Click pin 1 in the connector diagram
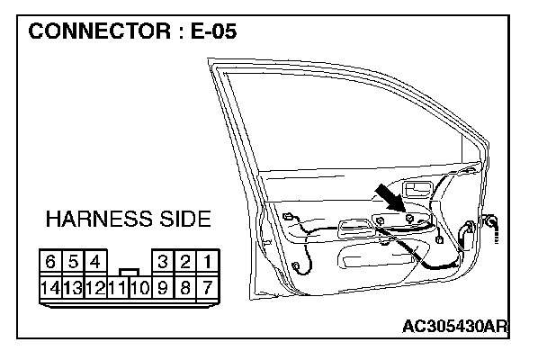pyautogui.click(x=208, y=262)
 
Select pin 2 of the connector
pyautogui.click(x=185, y=262)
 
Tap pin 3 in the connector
pyautogui.click(x=163, y=262)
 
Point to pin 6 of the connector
pyautogui.click(x=50, y=262)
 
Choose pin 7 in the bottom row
pyautogui.click(x=208, y=288)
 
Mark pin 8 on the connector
pyautogui.click(x=185, y=288)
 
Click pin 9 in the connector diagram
pyautogui.click(x=163, y=288)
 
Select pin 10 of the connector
pyautogui.click(x=139, y=288)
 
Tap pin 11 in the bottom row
pyautogui.click(x=117, y=288)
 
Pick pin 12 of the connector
pyautogui.click(x=94, y=288)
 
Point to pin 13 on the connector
pyautogui.click(x=72, y=288)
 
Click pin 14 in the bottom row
pyautogui.click(x=50, y=288)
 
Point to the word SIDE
pyautogui.click(x=185, y=220)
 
